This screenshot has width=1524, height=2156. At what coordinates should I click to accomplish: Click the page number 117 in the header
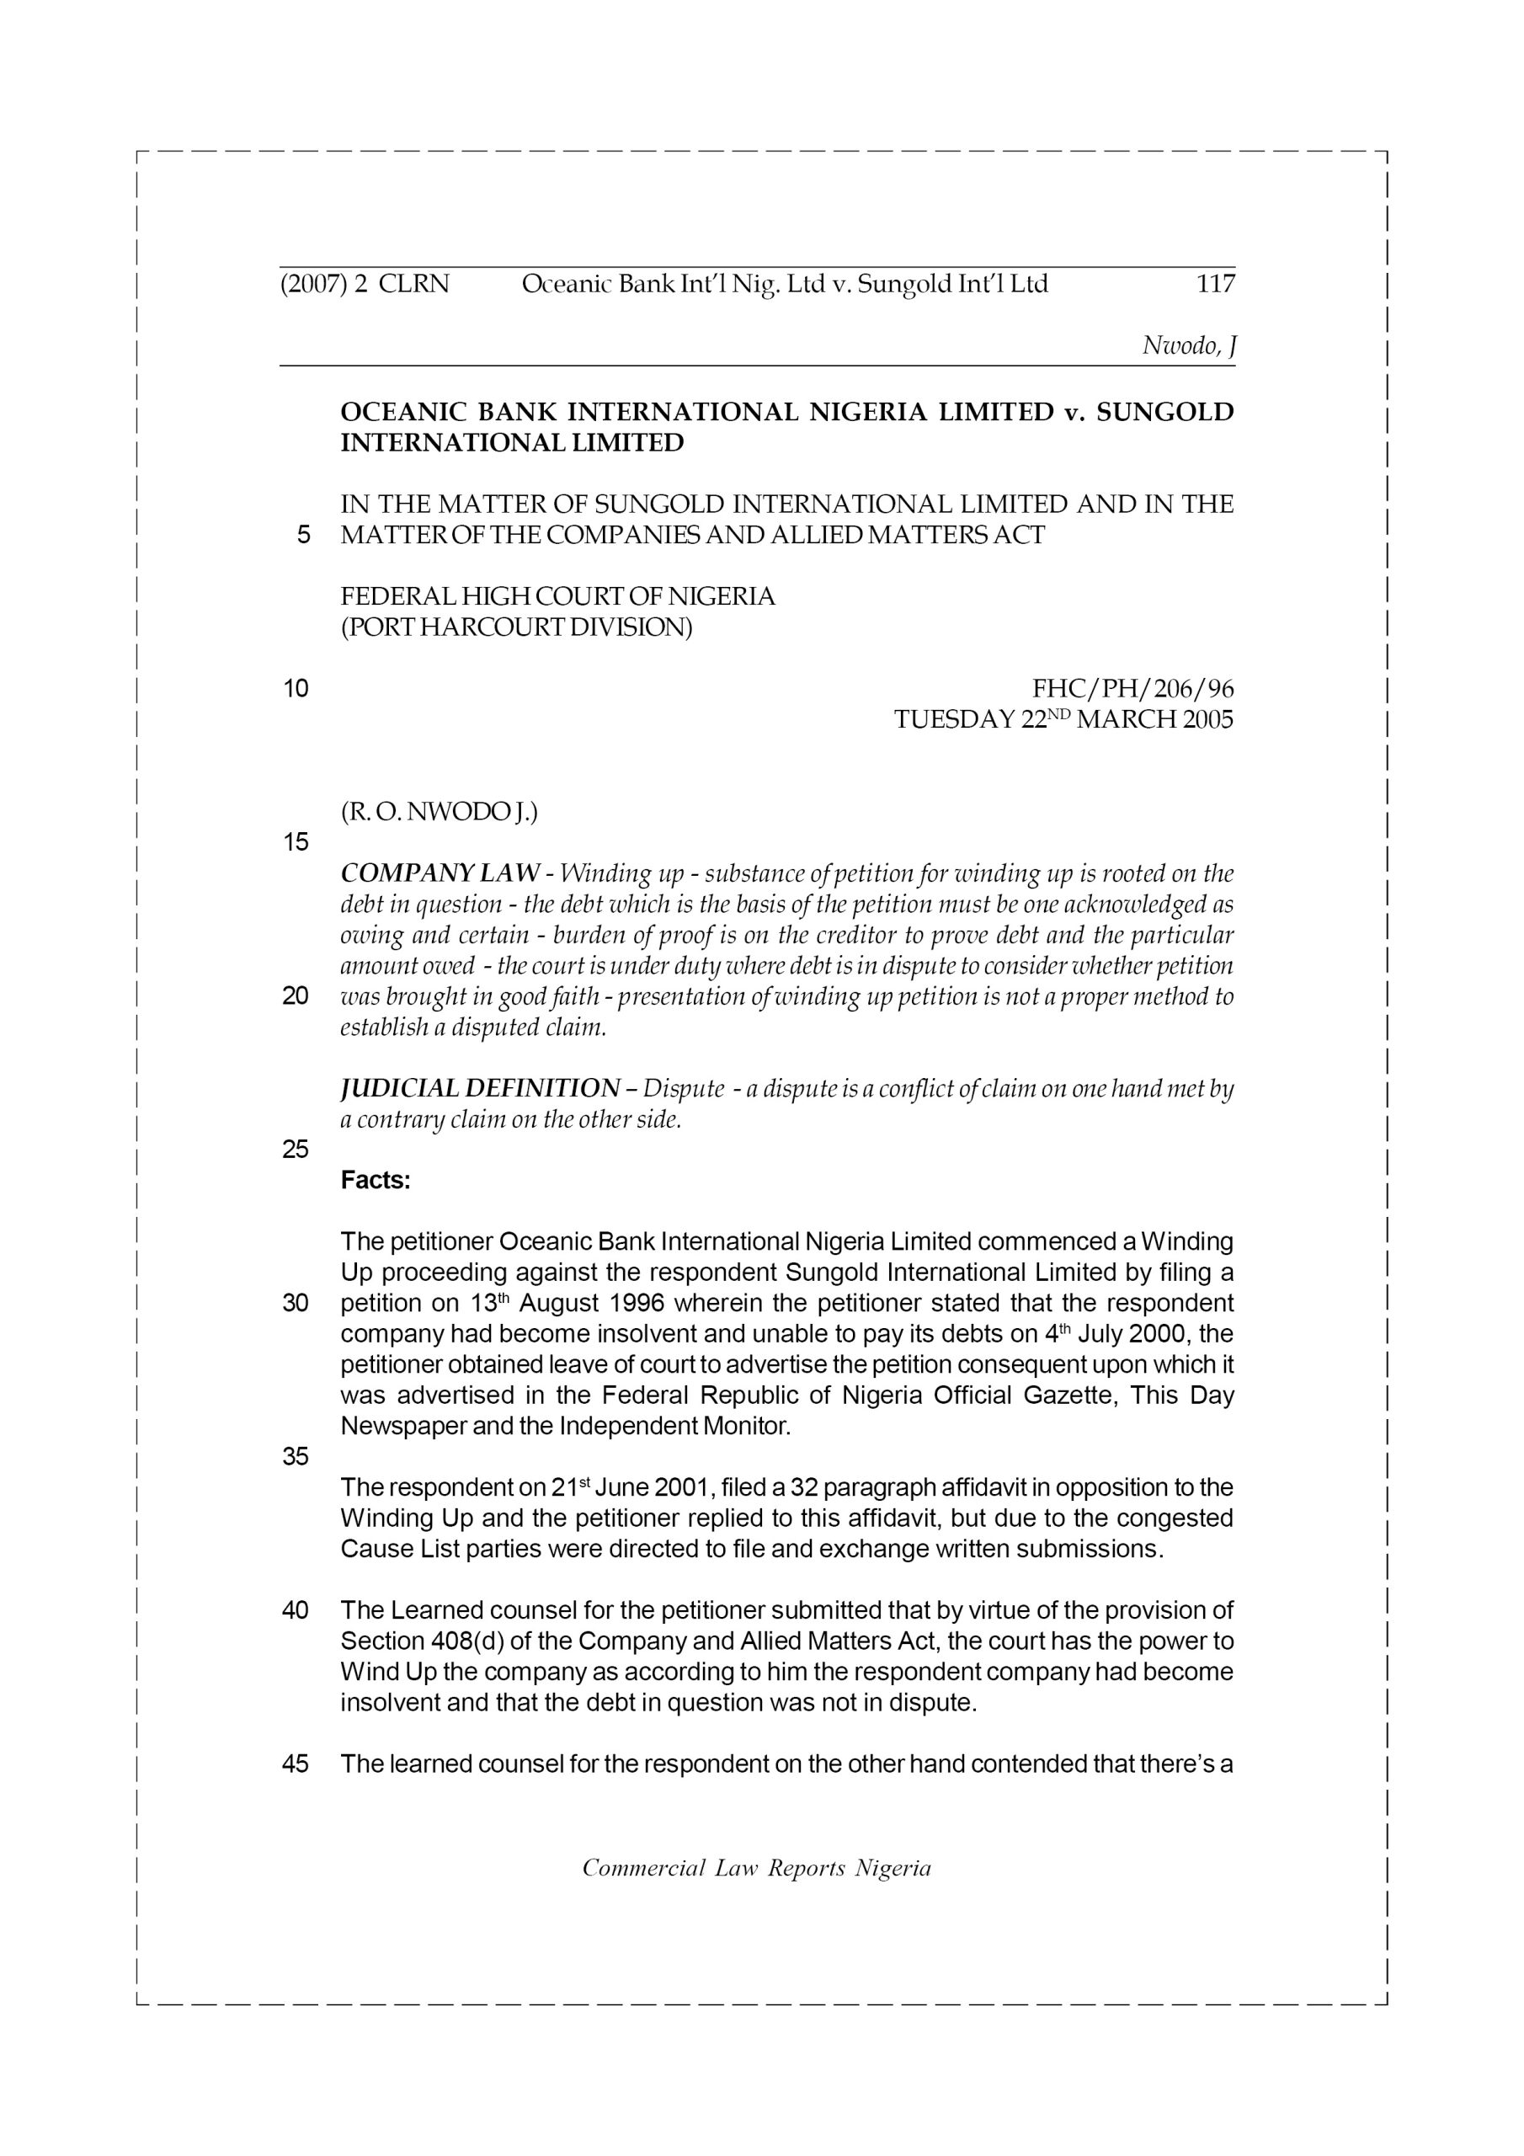pos(1215,284)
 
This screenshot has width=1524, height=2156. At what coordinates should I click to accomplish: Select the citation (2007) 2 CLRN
pos(365,284)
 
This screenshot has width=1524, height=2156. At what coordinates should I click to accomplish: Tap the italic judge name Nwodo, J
pos(1188,345)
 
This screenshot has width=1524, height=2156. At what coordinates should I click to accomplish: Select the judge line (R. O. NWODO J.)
pos(439,812)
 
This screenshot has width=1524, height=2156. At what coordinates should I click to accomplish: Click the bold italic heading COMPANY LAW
pos(440,873)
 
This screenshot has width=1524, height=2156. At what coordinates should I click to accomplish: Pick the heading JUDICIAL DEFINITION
pos(479,1089)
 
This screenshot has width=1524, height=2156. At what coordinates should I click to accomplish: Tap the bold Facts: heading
pos(376,1181)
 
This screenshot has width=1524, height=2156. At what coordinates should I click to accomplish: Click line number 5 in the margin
pos(302,536)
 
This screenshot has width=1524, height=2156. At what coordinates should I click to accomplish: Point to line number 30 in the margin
pos(296,1304)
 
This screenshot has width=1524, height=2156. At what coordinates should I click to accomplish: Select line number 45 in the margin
pos(296,1764)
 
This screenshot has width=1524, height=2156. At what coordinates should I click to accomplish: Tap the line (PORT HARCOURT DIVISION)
pos(515,627)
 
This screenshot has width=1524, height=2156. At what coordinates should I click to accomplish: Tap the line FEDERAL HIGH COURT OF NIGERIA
pos(557,597)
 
